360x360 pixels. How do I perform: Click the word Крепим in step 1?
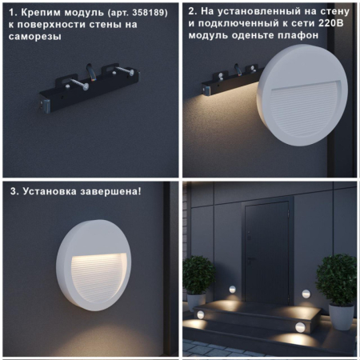point(38,12)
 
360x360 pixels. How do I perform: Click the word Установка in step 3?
point(51,192)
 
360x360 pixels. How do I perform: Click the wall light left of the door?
point(233,289)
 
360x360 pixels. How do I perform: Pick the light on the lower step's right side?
point(297,326)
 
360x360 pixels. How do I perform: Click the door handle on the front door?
point(249,254)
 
